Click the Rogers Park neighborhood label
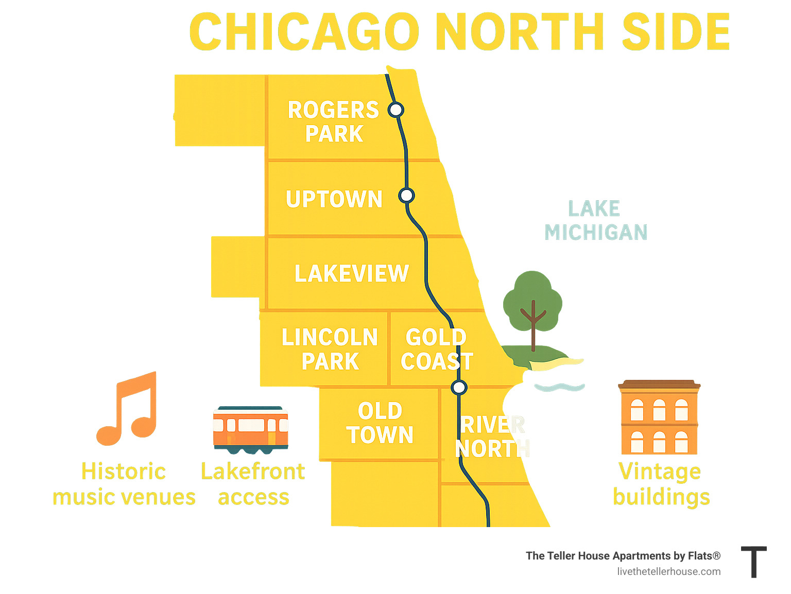333,122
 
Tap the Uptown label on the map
334,200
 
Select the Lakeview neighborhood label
352,274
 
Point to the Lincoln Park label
330,350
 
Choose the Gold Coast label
436,350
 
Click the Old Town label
380,423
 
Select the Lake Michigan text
596,220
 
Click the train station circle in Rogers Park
396,110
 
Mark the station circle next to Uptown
406,196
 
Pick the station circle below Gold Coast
459,387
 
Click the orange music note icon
127,409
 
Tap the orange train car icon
251,430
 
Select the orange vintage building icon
659,417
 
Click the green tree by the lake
532,304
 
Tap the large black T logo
754,562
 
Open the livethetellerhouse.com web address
668,571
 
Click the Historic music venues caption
124,484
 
